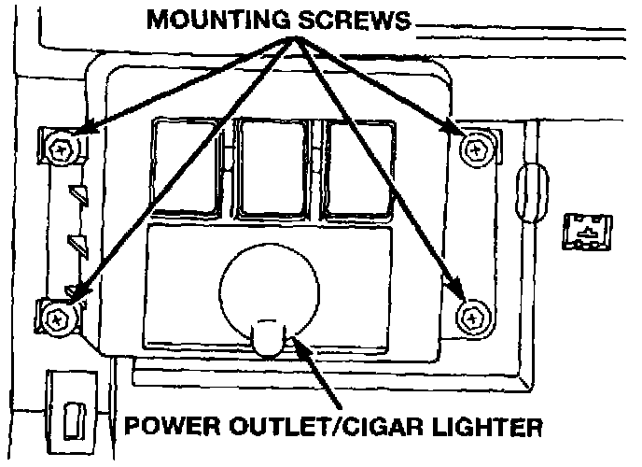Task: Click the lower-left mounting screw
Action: pos(58,318)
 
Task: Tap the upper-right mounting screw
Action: pos(477,144)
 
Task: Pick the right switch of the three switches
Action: pos(361,168)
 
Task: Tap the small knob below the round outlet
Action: pos(268,338)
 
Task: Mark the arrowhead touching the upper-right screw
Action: pos(454,132)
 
